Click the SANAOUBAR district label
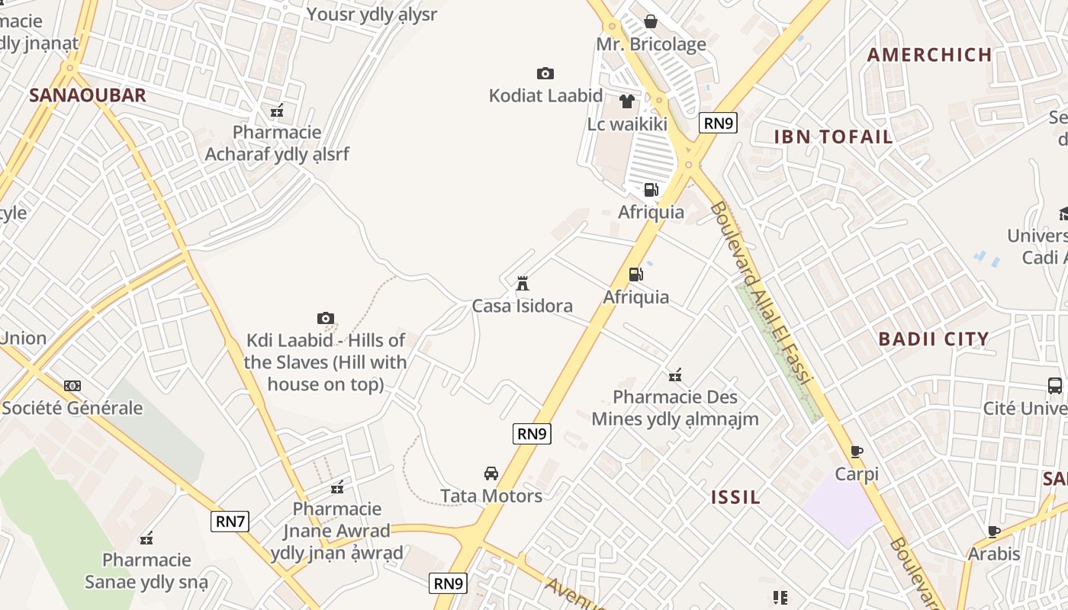click(87, 95)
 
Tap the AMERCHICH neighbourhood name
click(929, 54)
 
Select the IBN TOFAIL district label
click(833, 136)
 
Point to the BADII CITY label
click(933, 339)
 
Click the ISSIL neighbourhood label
click(735, 497)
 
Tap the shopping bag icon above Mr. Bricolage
click(651, 21)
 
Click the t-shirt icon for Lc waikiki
click(627, 101)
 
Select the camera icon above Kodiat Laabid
click(545, 73)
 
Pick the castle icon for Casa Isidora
click(523, 284)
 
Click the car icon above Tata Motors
click(491, 474)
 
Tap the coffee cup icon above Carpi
click(857, 451)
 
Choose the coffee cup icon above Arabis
click(994, 531)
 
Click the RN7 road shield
click(230, 522)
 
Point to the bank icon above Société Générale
click(72, 386)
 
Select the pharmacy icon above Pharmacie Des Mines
click(675, 374)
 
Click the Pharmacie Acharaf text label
click(277, 143)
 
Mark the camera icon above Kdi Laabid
click(326, 318)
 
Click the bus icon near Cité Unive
click(1055, 386)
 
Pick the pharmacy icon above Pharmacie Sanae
click(146, 538)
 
